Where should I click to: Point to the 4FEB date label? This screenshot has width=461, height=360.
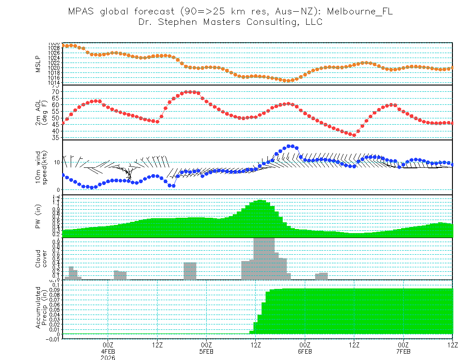pyautogui.click(x=108, y=351)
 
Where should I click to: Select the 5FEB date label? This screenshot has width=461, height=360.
pyautogui.click(x=206, y=351)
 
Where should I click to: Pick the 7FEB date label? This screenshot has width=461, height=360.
pyautogui.click(x=403, y=351)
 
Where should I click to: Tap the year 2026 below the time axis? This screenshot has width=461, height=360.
pyautogui.click(x=108, y=358)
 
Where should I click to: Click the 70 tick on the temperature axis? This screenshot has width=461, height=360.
pyautogui.click(x=56, y=92)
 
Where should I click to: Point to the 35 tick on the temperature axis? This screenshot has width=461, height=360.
pyautogui.click(x=56, y=138)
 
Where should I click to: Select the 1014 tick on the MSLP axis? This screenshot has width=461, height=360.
pyautogui.click(x=54, y=82)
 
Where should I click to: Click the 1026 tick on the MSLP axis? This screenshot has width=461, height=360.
pyautogui.click(x=54, y=53)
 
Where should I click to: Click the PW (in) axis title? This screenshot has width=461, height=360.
pyautogui.click(x=39, y=217)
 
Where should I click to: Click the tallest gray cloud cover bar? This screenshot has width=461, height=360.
pyautogui.click(x=264, y=259)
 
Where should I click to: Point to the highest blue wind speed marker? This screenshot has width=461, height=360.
pyautogui.click(x=290, y=146)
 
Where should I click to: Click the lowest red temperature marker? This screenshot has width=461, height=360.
pyautogui.click(x=354, y=135)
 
